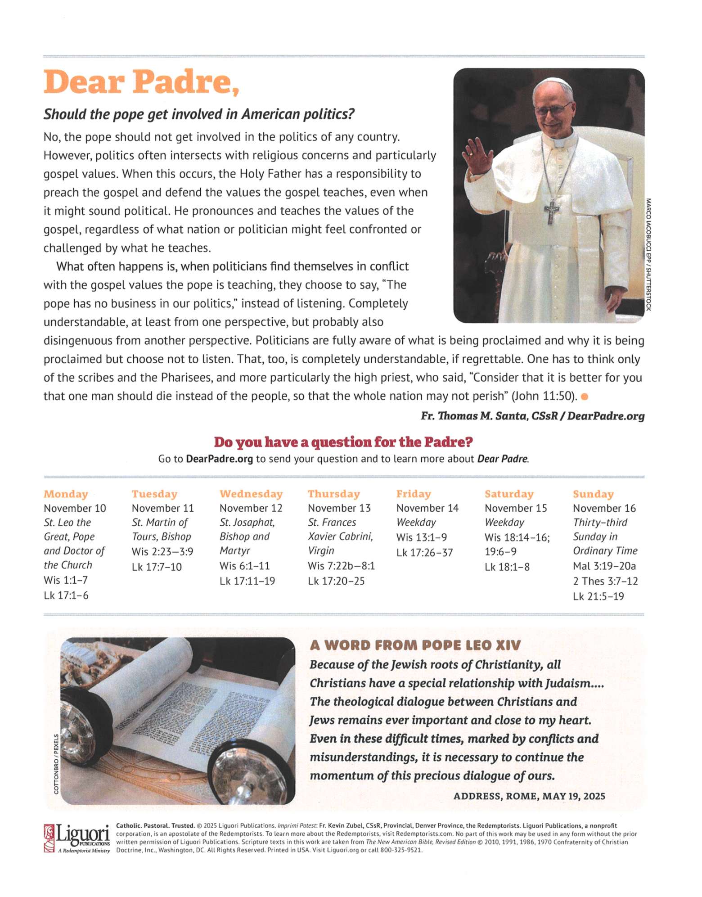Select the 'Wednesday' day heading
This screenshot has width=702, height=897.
251,494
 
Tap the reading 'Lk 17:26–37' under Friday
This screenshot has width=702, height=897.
424,552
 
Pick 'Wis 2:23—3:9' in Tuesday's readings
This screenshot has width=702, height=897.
162,551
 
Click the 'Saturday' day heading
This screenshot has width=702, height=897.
508,494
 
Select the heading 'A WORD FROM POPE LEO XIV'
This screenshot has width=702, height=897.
415,645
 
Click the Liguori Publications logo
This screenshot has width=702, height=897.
77,838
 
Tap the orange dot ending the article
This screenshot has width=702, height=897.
585,397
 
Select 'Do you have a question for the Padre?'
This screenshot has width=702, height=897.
343,442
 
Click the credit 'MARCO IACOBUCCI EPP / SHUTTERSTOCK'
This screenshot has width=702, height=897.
648,254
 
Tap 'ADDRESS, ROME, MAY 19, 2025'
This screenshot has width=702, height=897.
529,796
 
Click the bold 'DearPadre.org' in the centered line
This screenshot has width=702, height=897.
219,459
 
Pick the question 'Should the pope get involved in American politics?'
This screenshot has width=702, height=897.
198,114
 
